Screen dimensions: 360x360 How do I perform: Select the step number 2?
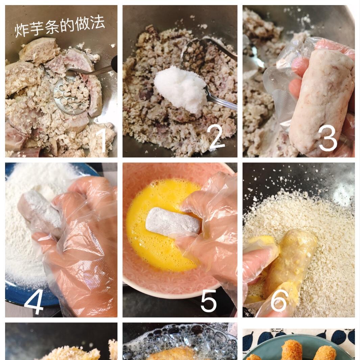pyautogui.click(x=217, y=137)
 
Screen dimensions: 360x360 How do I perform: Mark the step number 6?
pyautogui.click(x=279, y=300)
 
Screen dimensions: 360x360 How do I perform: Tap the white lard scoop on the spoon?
pyautogui.click(x=181, y=88)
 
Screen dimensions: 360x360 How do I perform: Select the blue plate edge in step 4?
pyautogui.click(x=20, y=297)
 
